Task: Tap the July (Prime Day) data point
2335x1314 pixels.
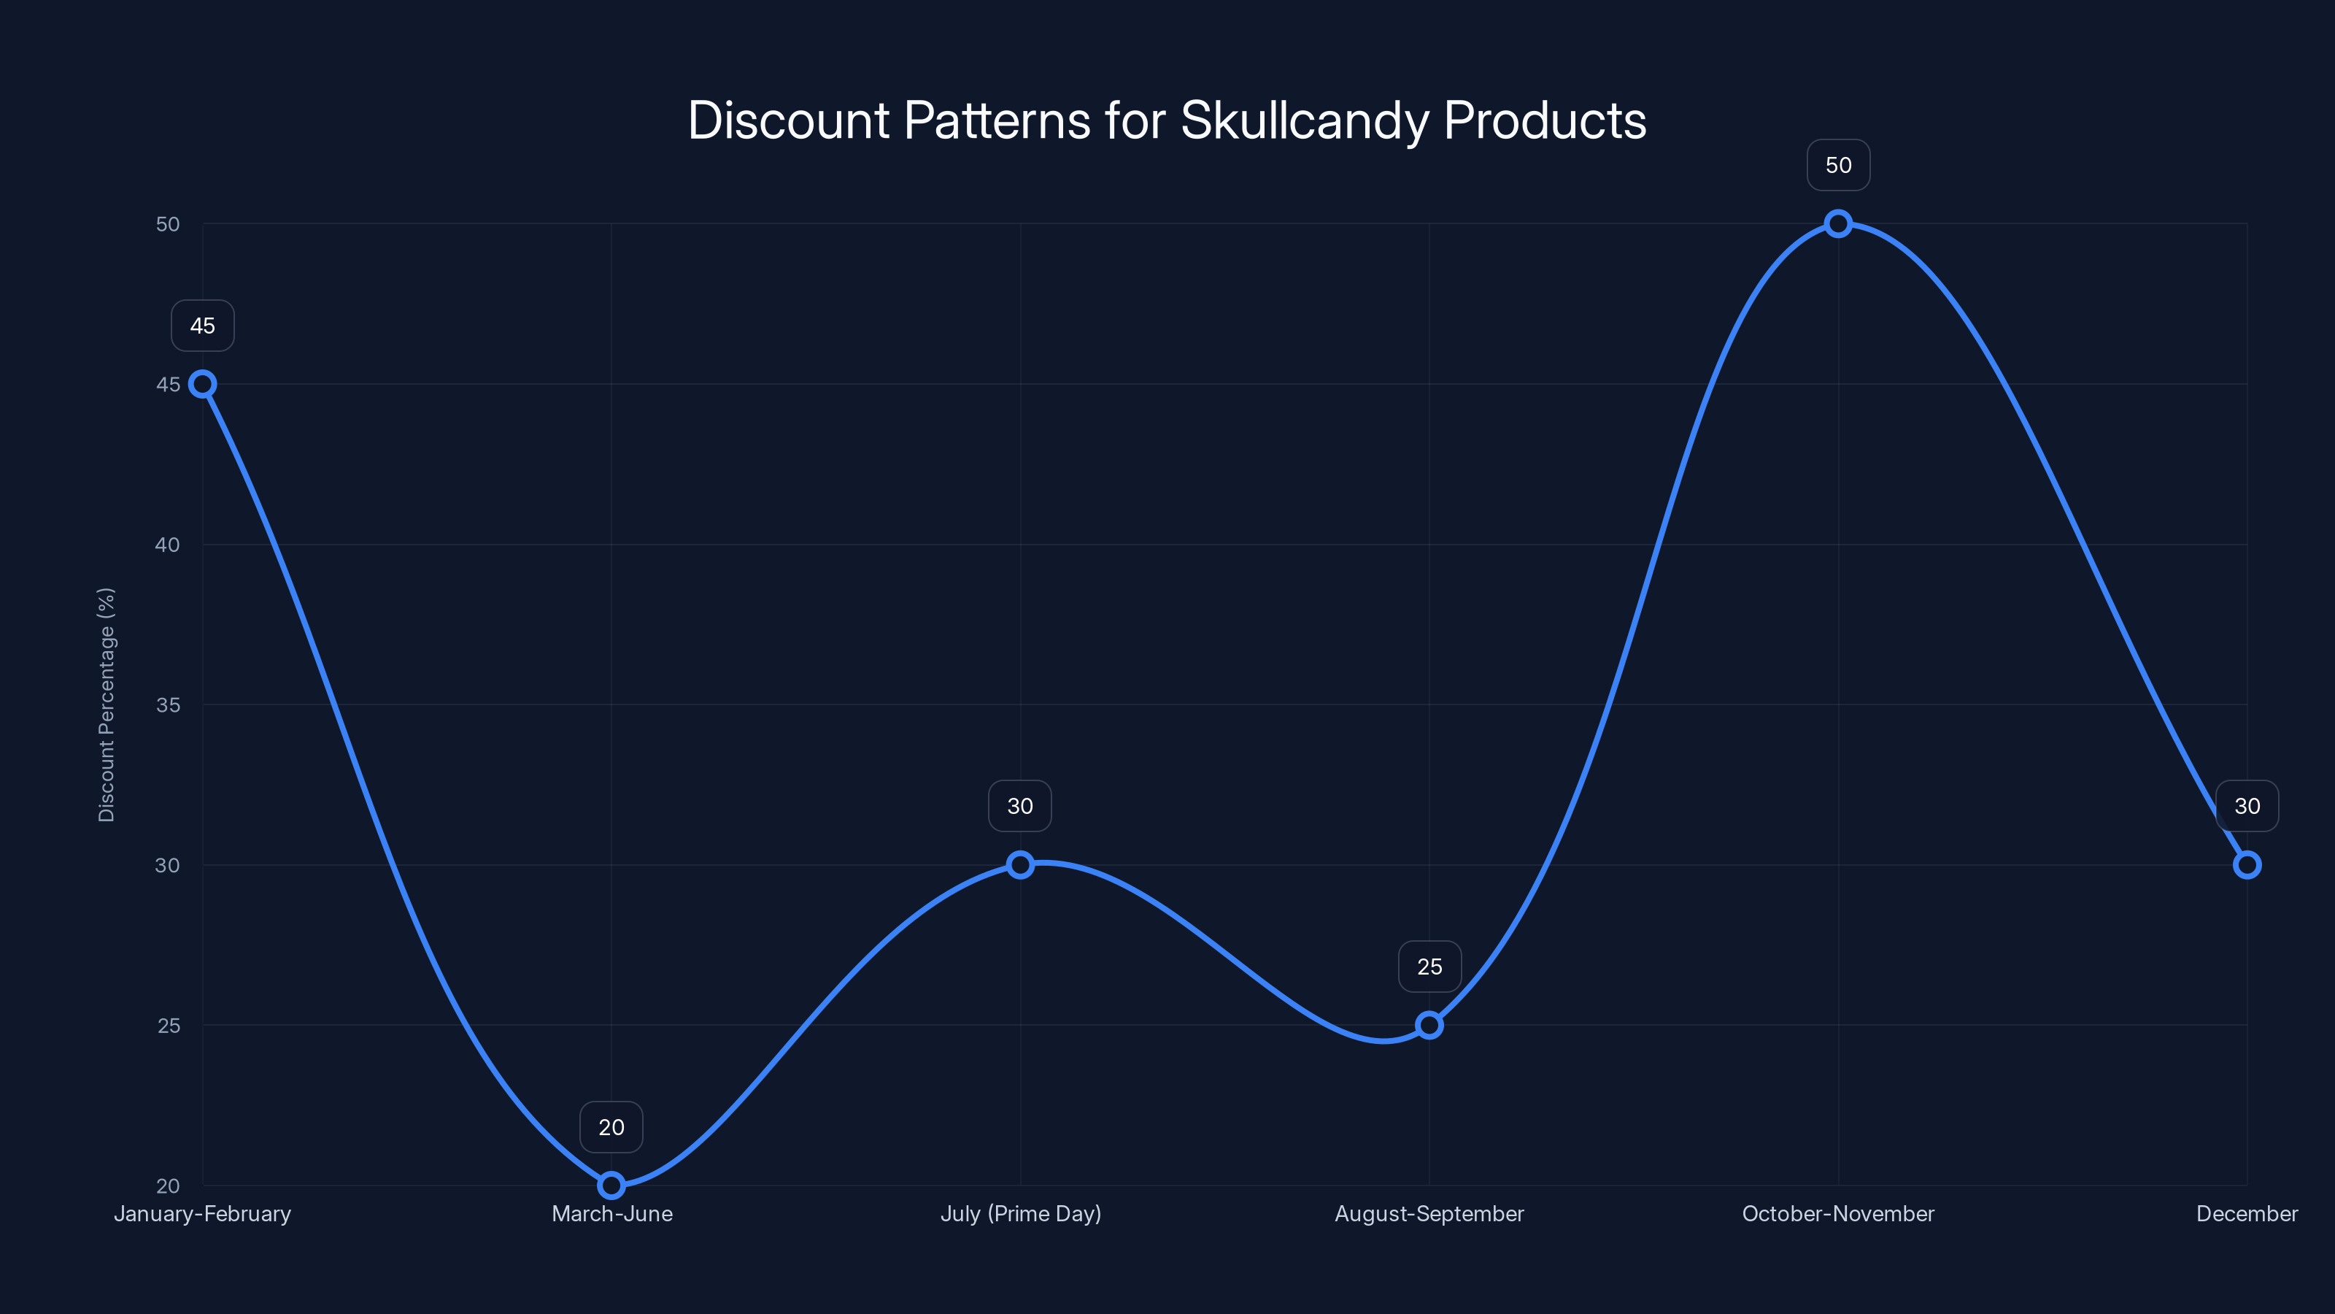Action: (1020, 864)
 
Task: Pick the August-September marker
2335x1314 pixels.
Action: (1429, 1025)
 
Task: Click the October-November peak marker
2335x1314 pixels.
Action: (1837, 223)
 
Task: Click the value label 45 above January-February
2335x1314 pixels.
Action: (202, 326)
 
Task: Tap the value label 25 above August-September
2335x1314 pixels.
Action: (1429, 966)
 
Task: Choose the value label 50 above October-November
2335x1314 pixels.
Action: (1837, 165)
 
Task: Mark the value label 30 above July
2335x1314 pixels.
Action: (1020, 805)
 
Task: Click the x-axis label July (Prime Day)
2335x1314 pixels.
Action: (1020, 1213)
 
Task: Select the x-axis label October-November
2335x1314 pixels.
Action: (1837, 1213)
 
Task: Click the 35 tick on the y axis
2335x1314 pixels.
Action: (168, 704)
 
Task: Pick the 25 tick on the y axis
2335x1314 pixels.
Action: (169, 1025)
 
